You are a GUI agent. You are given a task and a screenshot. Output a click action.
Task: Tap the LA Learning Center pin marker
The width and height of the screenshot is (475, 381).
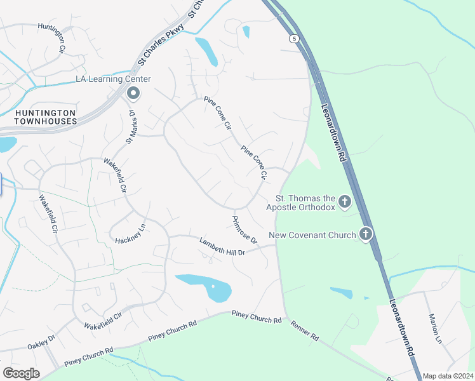133,94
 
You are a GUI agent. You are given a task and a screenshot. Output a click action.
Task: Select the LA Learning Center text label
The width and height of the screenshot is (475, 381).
113,79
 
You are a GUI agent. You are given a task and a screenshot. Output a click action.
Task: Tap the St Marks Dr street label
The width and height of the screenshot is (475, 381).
131,127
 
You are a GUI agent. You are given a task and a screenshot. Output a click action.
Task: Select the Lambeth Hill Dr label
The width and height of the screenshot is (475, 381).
222,246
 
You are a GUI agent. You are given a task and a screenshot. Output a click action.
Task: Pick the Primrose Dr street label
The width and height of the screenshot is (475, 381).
244,230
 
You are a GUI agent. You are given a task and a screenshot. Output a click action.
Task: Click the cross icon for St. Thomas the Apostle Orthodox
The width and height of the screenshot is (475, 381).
345,203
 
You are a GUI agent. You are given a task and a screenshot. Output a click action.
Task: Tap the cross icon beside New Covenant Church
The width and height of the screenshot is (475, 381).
365,235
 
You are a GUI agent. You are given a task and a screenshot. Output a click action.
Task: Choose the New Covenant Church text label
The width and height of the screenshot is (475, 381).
312,236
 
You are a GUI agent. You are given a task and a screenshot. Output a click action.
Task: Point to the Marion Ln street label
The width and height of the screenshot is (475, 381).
434,328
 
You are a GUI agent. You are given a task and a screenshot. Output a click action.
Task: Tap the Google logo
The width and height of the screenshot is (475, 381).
21,373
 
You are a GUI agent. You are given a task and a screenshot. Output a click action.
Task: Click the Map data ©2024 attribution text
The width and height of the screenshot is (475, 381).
448,376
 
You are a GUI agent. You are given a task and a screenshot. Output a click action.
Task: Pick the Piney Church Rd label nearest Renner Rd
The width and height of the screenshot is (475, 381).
256,316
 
